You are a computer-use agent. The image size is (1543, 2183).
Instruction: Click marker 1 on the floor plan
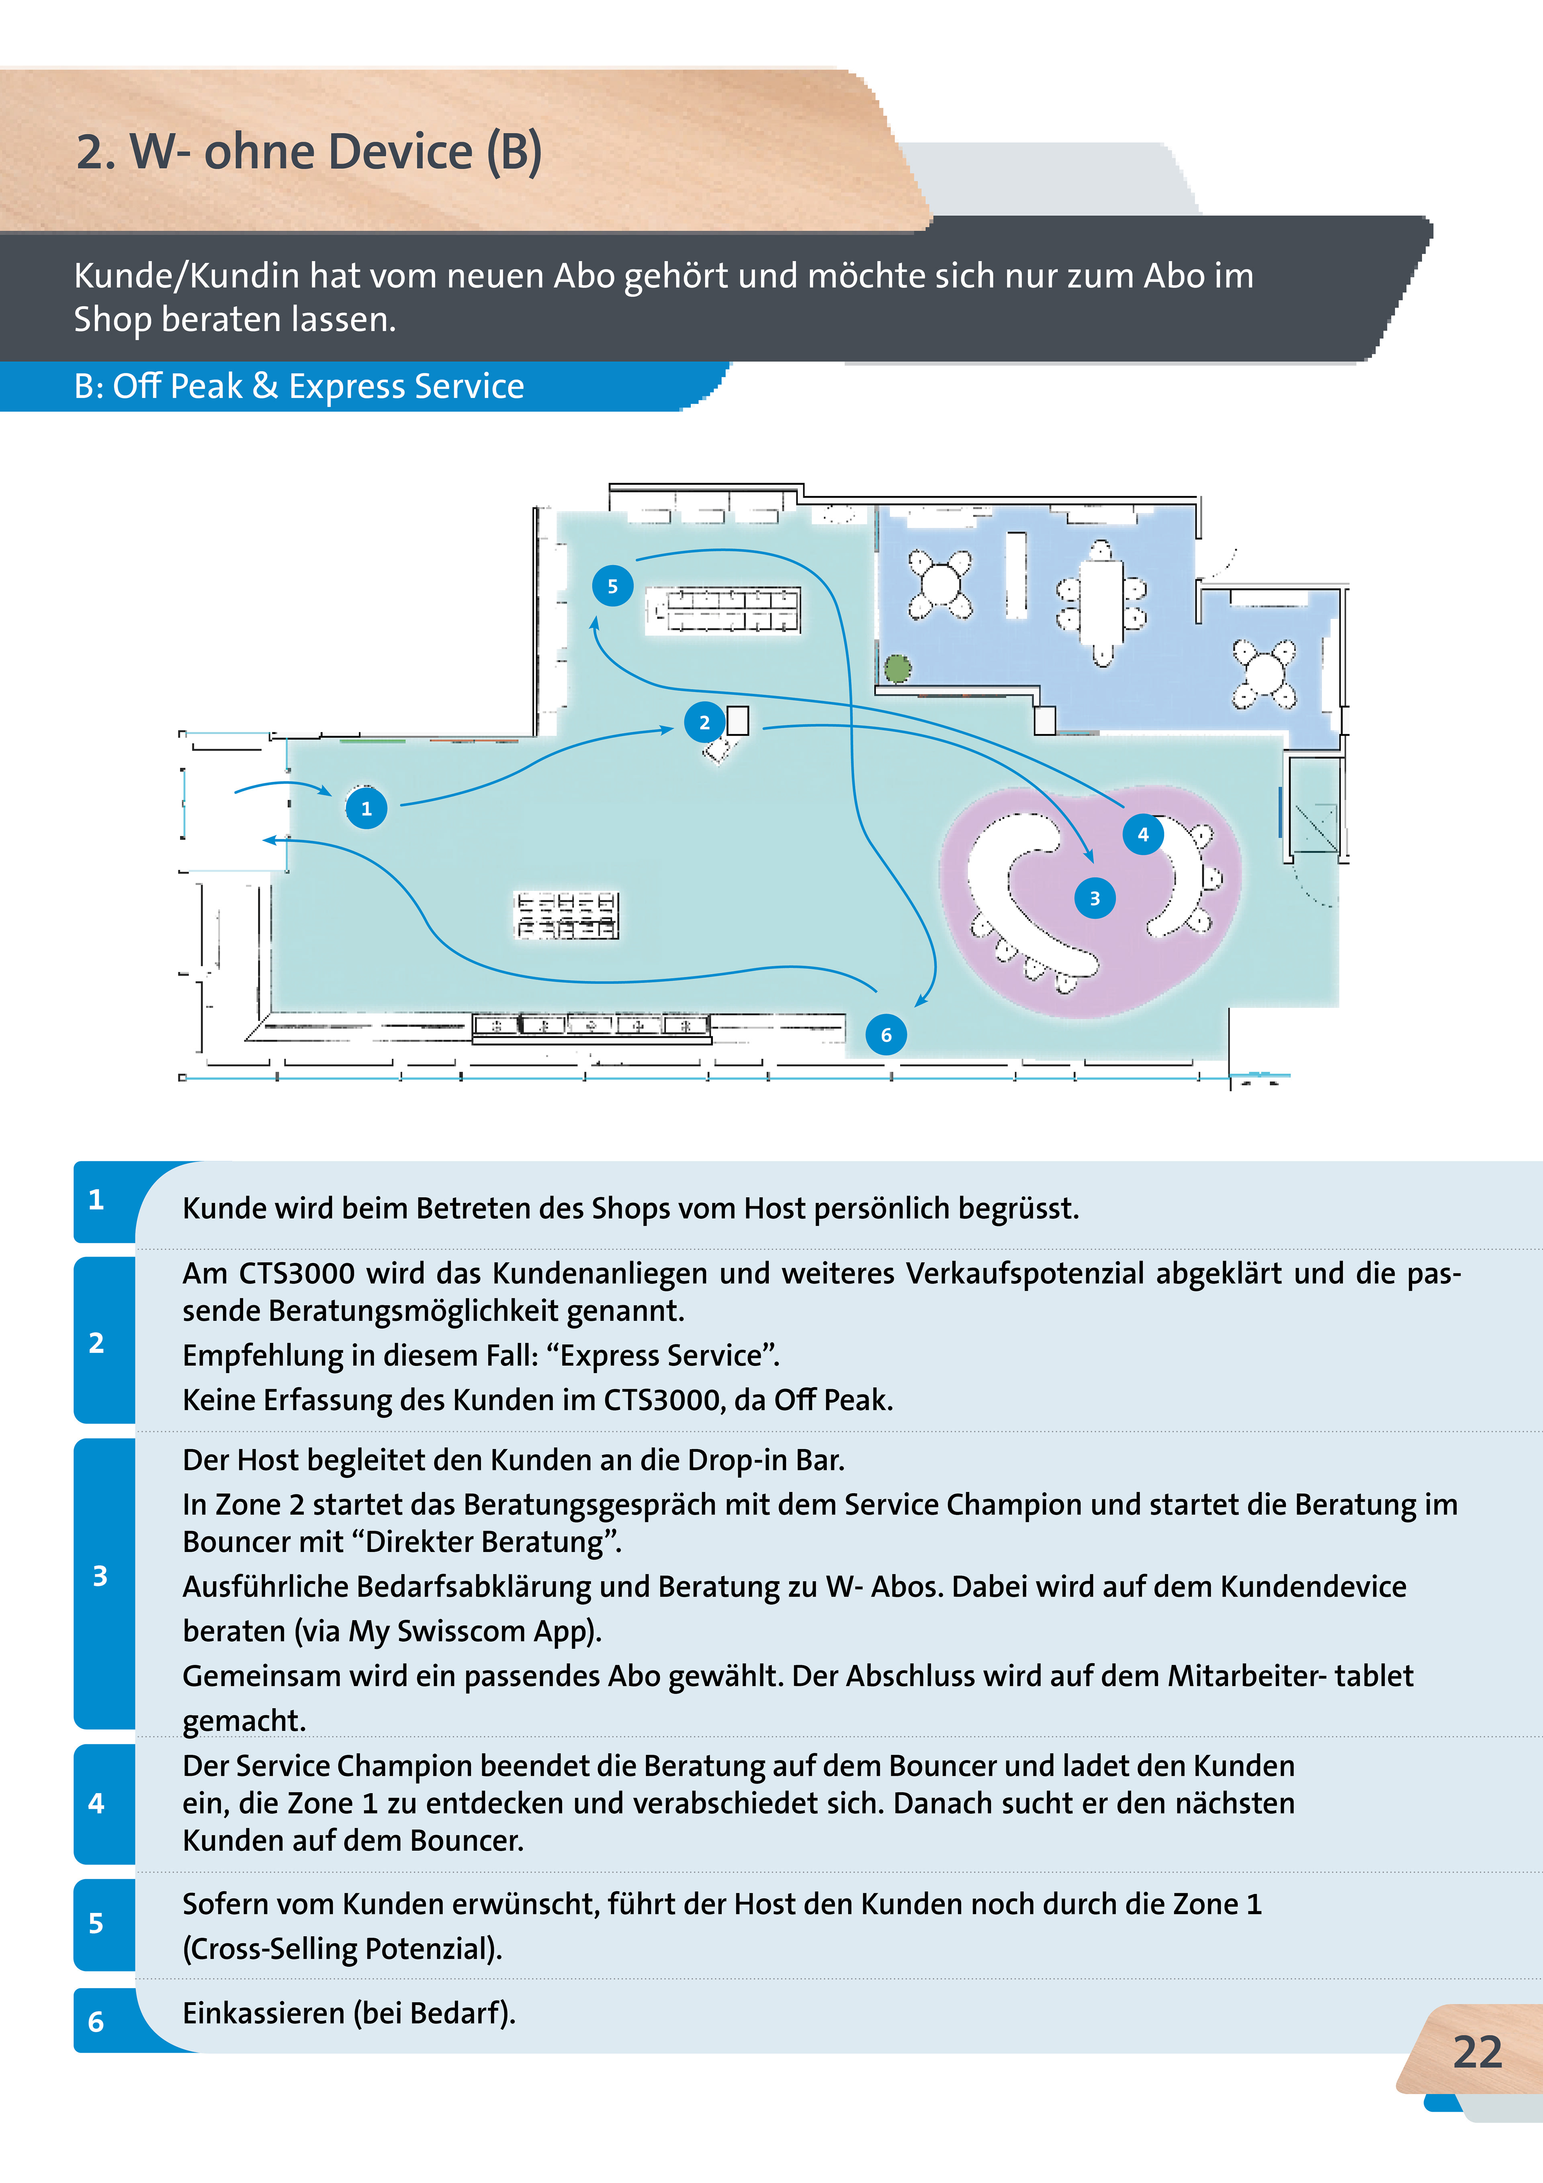click(x=366, y=808)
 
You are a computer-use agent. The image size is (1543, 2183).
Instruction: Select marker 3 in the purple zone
click(x=1094, y=898)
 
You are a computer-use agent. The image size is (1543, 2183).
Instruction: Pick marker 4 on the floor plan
click(x=1143, y=834)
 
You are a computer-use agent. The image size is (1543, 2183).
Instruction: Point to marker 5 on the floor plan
click(x=612, y=586)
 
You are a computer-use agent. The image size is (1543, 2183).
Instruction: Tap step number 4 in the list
click(x=96, y=1803)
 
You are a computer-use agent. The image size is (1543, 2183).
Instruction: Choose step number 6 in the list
click(x=96, y=2021)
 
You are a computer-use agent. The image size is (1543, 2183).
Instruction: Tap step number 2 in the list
click(x=96, y=1343)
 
